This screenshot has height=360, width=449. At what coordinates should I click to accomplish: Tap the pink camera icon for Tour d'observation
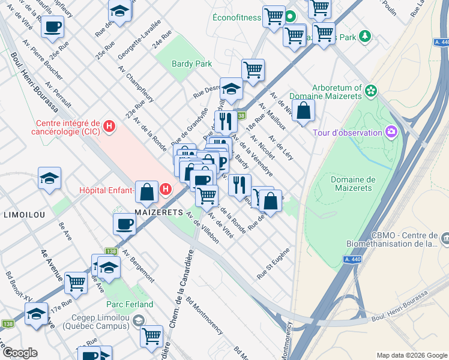point(391,131)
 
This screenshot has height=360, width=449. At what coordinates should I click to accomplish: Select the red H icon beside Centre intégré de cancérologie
point(109,127)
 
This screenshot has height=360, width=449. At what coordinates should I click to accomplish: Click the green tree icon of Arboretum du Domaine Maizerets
point(371,91)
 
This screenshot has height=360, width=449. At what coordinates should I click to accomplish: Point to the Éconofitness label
point(237,17)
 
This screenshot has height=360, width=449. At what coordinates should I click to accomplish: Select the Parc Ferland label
point(130,305)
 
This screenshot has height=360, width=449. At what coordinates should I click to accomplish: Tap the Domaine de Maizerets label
point(353,184)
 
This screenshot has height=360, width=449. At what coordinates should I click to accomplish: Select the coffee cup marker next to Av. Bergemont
point(124,224)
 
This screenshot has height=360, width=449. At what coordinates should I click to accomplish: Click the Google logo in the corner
point(20,353)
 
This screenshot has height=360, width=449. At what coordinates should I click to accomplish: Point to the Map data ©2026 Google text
point(411,355)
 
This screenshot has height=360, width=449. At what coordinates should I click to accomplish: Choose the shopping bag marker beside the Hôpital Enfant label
point(147,192)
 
